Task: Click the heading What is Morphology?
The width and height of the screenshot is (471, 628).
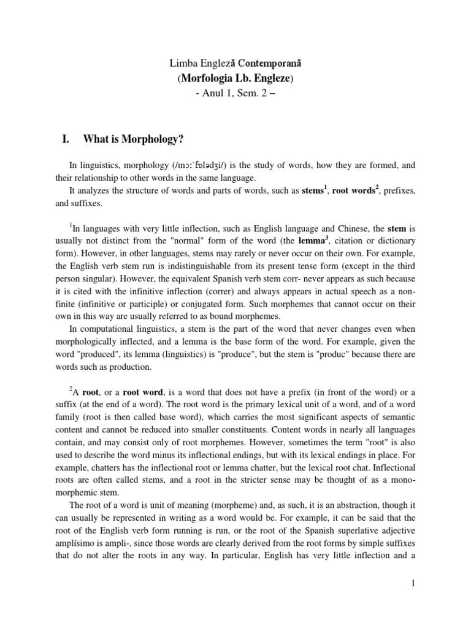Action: click(133, 139)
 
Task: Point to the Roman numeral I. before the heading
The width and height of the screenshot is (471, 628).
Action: click(68, 139)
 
